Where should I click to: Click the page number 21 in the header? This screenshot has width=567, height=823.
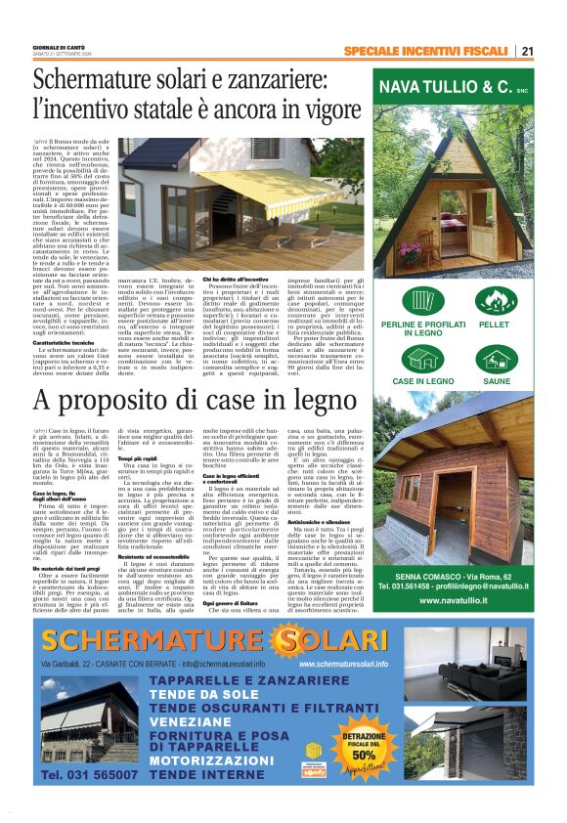tap(527, 51)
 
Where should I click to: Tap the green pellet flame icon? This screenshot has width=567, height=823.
tap(495, 300)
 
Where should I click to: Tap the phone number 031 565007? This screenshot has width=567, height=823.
tap(91, 801)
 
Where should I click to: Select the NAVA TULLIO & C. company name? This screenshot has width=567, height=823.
tap(455, 88)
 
